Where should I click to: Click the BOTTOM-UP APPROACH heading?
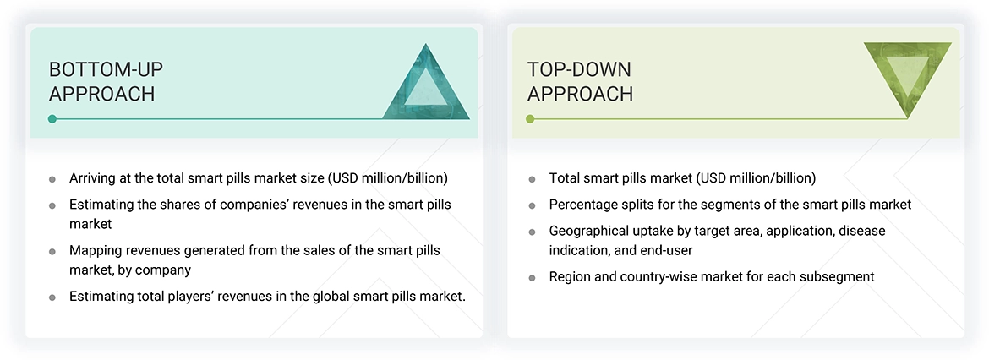click(x=102, y=81)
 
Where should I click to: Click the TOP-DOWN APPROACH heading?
click(x=580, y=81)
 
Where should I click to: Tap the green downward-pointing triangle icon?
click(x=908, y=81)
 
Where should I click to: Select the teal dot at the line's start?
click(x=52, y=119)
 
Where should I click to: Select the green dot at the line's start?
click(x=530, y=119)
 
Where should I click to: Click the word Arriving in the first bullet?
click(x=94, y=178)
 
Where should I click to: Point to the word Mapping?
click(x=96, y=251)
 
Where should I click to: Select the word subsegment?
click(x=835, y=276)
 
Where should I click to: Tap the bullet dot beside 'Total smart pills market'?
click(x=532, y=179)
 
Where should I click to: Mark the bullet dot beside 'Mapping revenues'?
click(x=52, y=252)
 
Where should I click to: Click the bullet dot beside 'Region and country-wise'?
click(x=532, y=277)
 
